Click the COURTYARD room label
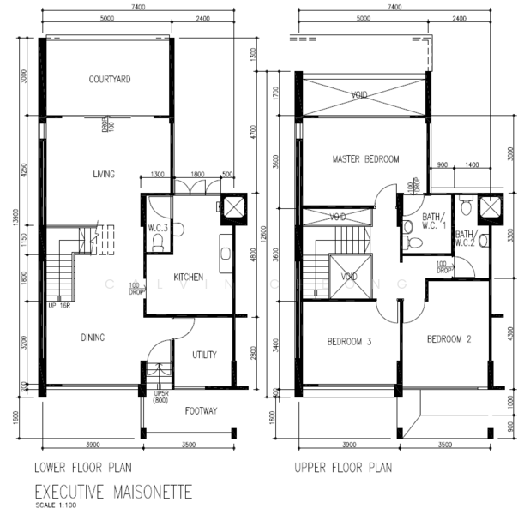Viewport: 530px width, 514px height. click(x=109, y=80)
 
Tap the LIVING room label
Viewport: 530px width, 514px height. click(x=104, y=175)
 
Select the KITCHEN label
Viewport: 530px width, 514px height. click(x=188, y=278)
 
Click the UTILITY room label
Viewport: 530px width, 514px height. click(x=203, y=355)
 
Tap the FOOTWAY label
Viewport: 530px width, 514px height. click(x=202, y=411)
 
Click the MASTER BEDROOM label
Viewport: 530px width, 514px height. click(x=366, y=159)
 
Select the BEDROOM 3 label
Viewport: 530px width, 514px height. click(x=349, y=343)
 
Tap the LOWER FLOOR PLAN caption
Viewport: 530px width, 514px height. click(x=82, y=469)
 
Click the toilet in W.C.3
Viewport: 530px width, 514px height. click(x=156, y=243)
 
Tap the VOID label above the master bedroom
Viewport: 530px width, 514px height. click(x=360, y=95)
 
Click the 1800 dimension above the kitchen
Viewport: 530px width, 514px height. click(x=198, y=175)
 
